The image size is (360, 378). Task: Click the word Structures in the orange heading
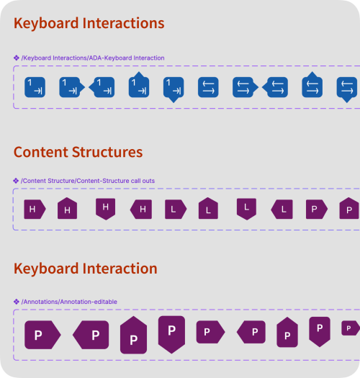tap(107, 153)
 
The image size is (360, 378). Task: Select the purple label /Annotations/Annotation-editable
tap(69, 302)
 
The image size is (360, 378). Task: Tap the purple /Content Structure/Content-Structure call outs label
tap(88, 181)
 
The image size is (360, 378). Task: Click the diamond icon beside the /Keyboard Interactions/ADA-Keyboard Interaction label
tap(17, 58)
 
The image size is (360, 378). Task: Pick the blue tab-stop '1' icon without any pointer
tap(35, 87)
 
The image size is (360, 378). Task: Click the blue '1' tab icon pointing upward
tap(139, 85)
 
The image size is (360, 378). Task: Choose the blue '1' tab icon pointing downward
tap(174, 90)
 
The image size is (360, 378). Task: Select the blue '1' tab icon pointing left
tap(102, 87)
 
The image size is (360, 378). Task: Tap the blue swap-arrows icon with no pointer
tap(208, 87)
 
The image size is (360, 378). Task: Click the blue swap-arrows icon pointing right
tap(246, 87)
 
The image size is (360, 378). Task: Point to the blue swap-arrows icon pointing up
tap(312, 85)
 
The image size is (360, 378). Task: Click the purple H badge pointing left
tap(141, 210)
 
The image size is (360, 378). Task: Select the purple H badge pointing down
tap(106, 209)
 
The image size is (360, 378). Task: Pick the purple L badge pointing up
tap(208, 208)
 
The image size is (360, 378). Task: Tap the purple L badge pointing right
tap(176, 210)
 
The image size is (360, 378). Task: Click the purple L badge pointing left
tap(282, 210)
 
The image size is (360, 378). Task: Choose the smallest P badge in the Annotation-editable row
tap(351, 328)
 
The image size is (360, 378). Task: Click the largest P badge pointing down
tap(171, 335)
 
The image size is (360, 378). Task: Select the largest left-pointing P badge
tap(91, 335)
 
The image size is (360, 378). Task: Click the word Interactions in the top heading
tap(123, 23)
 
